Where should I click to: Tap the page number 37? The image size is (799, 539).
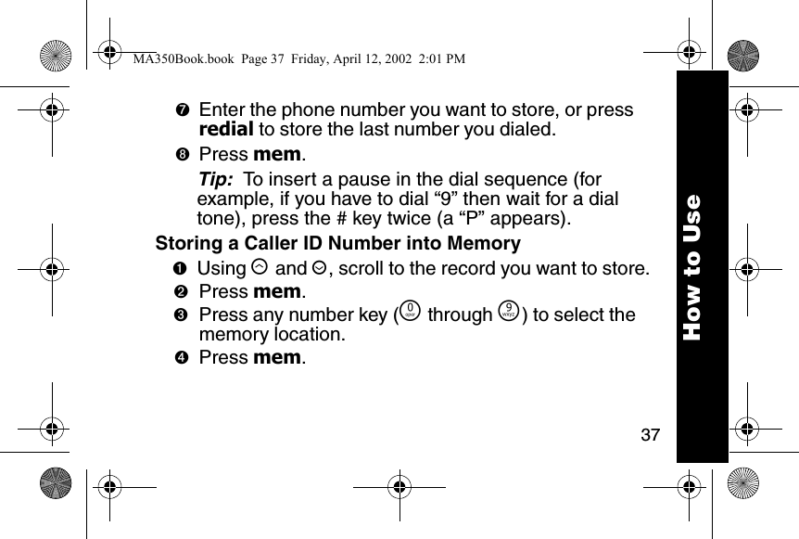(x=651, y=434)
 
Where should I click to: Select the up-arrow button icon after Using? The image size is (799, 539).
(x=260, y=269)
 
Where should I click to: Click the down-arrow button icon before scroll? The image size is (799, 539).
(x=318, y=269)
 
